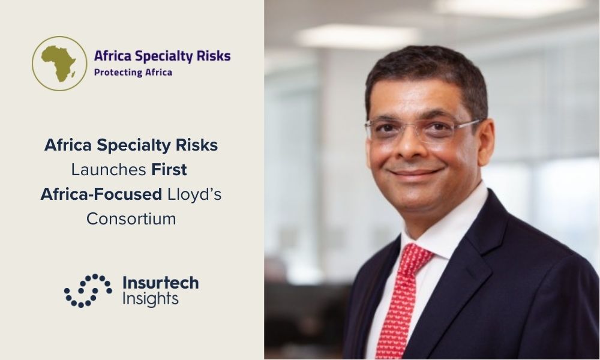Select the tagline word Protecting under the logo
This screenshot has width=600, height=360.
[113, 73]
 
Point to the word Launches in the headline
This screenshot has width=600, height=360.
[108, 169]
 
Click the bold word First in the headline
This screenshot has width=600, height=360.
[169, 169]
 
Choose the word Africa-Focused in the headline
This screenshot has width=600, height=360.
[101, 194]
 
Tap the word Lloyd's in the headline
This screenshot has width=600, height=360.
[194, 194]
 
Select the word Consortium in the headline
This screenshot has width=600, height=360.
[131, 219]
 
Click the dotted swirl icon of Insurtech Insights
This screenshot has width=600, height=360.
[88, 291]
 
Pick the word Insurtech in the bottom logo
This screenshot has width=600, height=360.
[161, 283]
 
